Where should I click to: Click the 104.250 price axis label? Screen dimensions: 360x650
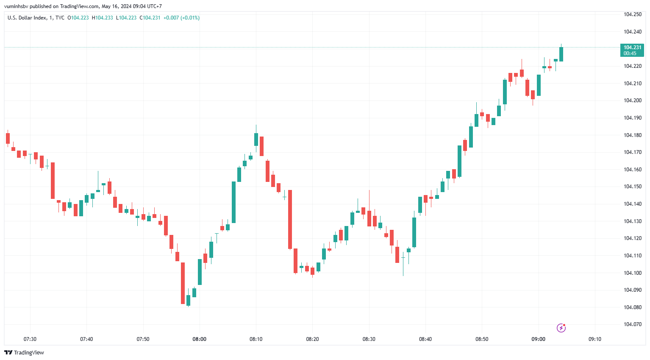[x=632, y=14]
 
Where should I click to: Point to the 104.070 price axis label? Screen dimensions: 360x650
[x=632, y=324]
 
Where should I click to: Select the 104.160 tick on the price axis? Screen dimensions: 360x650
[x=632, y=170]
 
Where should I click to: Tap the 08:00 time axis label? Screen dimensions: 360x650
[x=200, y=339]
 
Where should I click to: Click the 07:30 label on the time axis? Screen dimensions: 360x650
[x=30, y=339]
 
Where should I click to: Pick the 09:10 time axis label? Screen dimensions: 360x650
[x=595, y=339]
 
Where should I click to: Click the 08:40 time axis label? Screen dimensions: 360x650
[x=425, y=339]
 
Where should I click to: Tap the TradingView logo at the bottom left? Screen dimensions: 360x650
[x=24, y=352]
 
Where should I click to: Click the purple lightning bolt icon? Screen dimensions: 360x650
[x=561, y=328]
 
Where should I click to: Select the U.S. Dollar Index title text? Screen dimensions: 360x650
[x=27, y=18]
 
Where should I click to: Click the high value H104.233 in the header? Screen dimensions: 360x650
[x=102, y=18]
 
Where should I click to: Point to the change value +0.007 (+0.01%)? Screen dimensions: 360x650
[x=181, y=18]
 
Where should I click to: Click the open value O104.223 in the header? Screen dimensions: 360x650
[x=78, y=18]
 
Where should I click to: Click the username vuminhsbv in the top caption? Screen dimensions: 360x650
[x=16, y=6]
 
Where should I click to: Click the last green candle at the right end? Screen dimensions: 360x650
[x=561, y=54]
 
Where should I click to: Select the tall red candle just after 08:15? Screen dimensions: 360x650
[x=290, y=219]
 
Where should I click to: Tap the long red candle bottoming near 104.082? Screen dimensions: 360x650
[x=183, y=283]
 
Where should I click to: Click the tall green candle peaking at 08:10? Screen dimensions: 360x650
[x=256, y=140]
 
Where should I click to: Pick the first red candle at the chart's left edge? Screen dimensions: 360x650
[x=8, y=138]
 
